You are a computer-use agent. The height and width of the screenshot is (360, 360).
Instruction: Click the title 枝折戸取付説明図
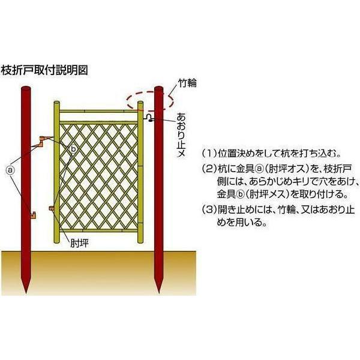point(46,70)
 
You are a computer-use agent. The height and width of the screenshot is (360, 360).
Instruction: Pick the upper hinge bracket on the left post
point(41,142)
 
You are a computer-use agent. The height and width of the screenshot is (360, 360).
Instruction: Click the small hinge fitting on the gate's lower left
point(52,209)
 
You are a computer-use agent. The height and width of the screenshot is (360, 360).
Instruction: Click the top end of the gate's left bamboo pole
point(57,105)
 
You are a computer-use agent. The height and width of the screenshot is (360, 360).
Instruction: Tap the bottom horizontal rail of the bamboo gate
point(99,230)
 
